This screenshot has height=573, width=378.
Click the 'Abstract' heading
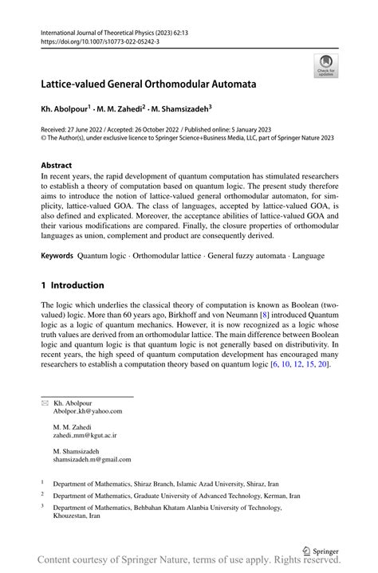pyautogui.click(x=61, y=166)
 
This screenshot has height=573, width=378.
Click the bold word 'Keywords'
pyautogui.click(x=57, y=257)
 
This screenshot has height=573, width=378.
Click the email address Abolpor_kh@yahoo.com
pyautogui.click(x=88, y=411)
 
